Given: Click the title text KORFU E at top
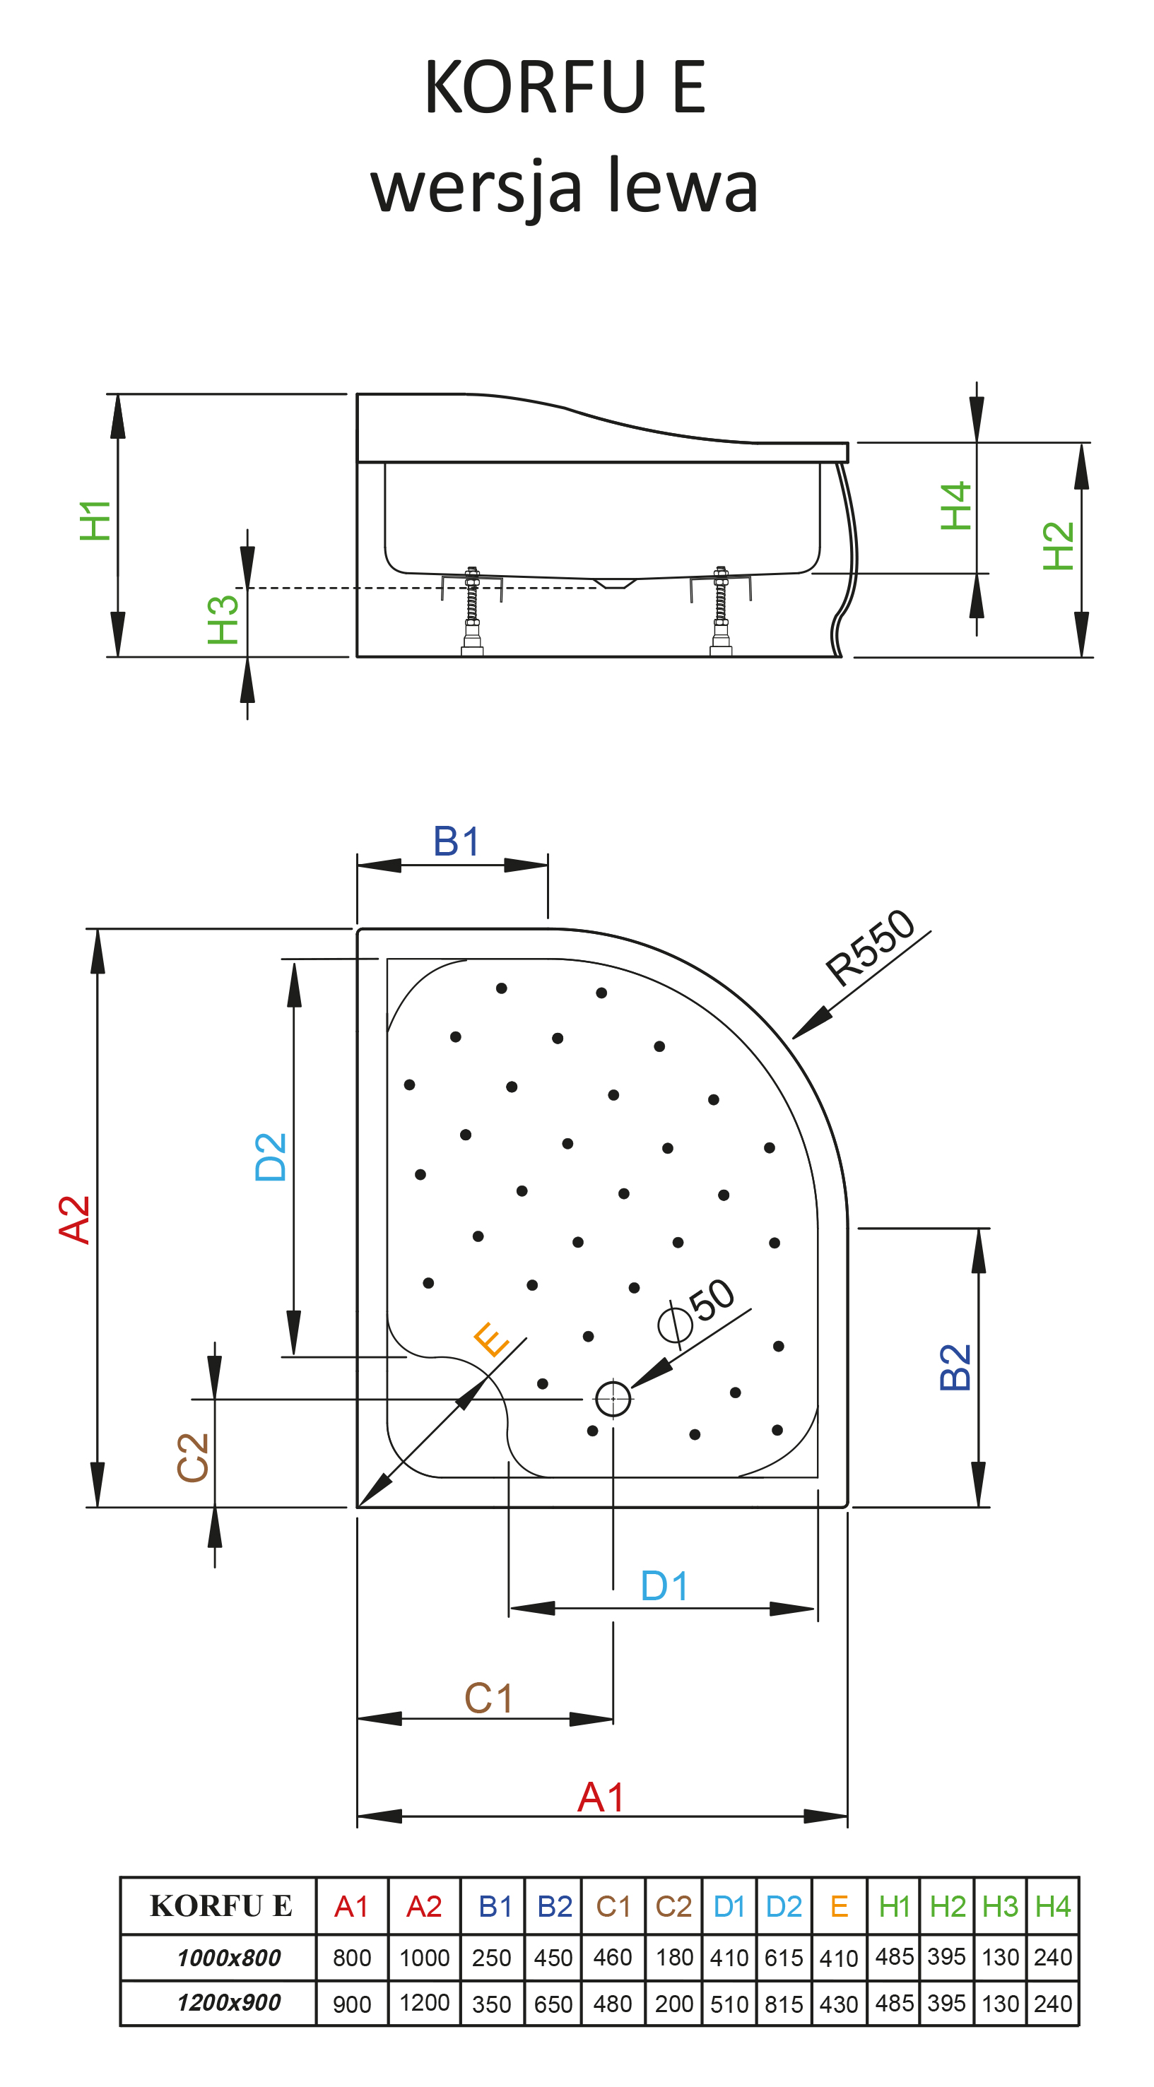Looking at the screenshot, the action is pyautogui.click(x=565, y=87).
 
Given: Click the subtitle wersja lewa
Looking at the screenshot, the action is pyautogui.click(x=564, y=186).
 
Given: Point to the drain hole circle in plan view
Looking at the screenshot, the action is pyautogui.click(x=613, y=1398).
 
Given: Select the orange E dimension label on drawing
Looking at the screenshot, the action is pyautogui.click(x=491, y=1340).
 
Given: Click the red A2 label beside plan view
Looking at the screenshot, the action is pyautogui.click(x=75, y=1219).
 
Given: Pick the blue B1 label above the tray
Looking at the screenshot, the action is pyautogui.click(x=457, y=841).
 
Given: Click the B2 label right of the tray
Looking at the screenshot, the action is pyautogui.click(x=955, y=1368).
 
